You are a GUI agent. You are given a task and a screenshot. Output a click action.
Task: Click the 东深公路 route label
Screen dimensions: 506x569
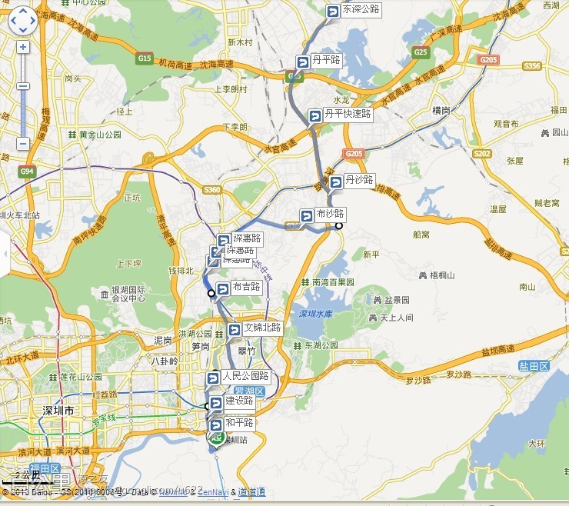(360, 10)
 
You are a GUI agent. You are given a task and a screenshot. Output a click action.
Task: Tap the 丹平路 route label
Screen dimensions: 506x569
(326, 60)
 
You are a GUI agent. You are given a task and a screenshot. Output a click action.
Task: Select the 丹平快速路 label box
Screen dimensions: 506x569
(347, 114)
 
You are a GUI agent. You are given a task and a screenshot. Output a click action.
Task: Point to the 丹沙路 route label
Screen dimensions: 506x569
(358, 181)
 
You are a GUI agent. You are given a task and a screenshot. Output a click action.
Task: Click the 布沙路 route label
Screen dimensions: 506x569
(329, 214)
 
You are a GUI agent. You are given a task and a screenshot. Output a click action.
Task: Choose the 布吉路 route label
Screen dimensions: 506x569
(245, 288)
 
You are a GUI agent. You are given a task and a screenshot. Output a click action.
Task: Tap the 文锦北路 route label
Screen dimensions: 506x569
(261, 329)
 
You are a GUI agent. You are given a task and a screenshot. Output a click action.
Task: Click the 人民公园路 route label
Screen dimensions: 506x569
(245, 377)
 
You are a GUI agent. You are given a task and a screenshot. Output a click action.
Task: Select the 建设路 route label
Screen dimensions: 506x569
(238, 401)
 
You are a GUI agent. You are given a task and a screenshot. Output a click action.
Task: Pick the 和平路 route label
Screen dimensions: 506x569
(239, 423)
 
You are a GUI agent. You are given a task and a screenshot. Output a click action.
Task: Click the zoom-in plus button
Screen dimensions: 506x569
(22, 47)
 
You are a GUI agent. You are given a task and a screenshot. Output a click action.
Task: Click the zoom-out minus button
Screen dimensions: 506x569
(22, 143)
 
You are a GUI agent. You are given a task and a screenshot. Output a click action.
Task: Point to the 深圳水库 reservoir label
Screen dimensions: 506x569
(314, 314)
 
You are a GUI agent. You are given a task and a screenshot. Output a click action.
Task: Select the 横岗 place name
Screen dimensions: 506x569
(441, 110)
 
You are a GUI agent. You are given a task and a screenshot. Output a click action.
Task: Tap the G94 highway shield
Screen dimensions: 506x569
(28, 171)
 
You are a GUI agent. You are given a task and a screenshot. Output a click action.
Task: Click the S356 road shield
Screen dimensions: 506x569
(532, 66)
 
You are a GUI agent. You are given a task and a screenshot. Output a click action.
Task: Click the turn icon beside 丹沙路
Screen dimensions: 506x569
(336, 182)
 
